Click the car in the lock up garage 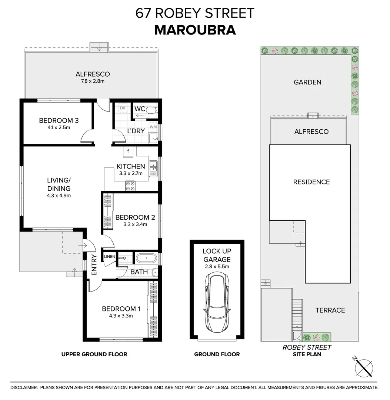[x=217, y=302]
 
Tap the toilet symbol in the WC [x=153, y=110]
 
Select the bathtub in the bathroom [x=146, y=258]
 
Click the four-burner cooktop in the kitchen [x=130, y=186]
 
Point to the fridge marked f [x=128, y=151]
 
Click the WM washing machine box [x=153, y=127]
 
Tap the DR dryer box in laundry [x=123, y=108]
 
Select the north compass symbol [x=363, y=367]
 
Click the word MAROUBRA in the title [x=195, y=30]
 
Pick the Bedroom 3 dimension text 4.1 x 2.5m [x=59, y=127]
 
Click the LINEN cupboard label [x=110, y=257]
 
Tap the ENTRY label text [x=94, y=265]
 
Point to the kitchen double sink [x=153, y=166]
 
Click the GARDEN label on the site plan [x=307, y=82]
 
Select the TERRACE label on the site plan [x=330, y=310]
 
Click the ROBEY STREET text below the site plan [x=307, y=347]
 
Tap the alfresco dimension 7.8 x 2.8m [x=93, y=81]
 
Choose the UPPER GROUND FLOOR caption [x=94, y=354]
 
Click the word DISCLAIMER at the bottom [x=24, y=387]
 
